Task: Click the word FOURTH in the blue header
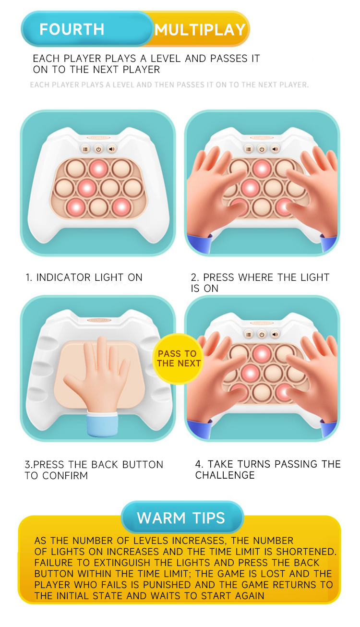click(x=72, y=30)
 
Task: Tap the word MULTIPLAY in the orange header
click(x=200, y=30)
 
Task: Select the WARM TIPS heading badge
click(x=181, y=518)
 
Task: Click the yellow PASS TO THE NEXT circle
click(x=179, y=359)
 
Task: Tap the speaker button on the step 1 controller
click(x=112, y=149)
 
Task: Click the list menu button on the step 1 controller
click(x=85, y=149)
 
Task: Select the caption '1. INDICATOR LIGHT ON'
click(x=84, y=277)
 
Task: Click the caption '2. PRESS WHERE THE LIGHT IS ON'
click(x=260, y=283)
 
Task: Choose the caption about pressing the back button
click(x=94, y=470)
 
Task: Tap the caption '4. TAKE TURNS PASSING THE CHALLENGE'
click(x=267, y=470)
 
